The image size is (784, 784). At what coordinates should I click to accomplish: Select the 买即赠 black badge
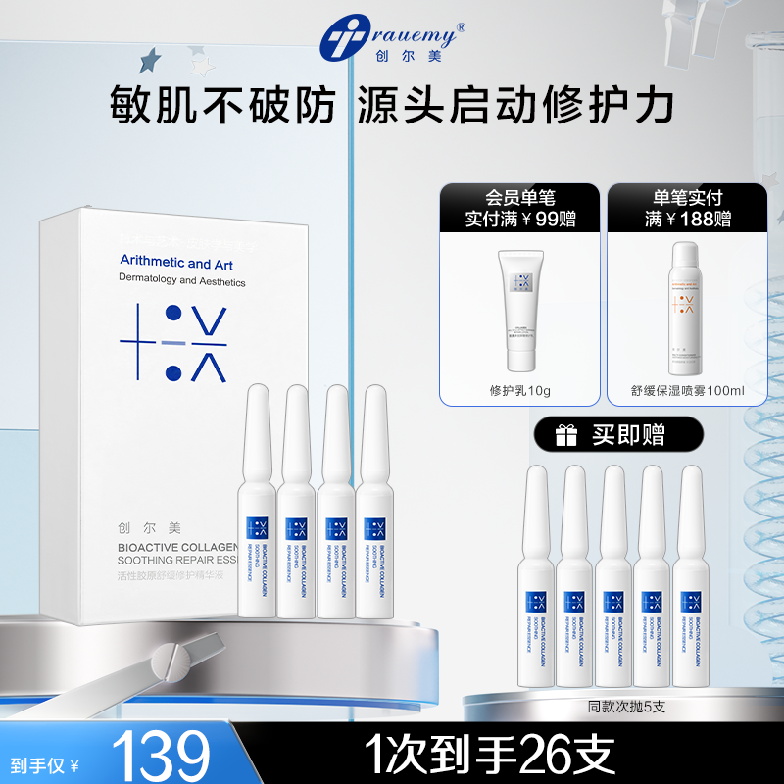coord(605,435)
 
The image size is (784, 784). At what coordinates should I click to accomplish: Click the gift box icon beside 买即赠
coord(567,435)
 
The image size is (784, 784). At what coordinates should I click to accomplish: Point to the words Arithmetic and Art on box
coord(164,263)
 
